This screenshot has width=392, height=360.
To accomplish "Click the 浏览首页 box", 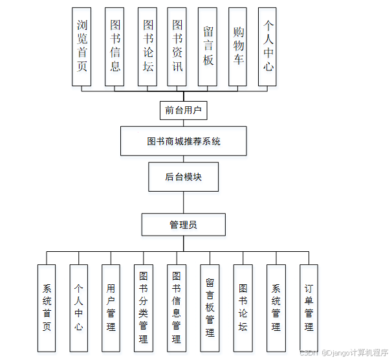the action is [x=82, y=47].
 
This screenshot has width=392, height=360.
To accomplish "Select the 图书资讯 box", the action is [x=177, y=47].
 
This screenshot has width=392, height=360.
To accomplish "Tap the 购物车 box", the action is [x=238, y=47].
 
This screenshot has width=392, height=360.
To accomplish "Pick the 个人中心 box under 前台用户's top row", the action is [x=268, y=47].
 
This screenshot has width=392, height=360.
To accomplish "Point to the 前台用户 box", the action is [x=183, y=110].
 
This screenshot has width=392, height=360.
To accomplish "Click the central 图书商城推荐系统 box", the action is [x=184, y=141].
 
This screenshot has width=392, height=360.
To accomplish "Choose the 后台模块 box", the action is [x=183, y=177].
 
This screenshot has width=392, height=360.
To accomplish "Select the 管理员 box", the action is [x=183, y=225].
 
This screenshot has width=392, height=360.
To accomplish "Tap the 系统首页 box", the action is [x=47, y=308].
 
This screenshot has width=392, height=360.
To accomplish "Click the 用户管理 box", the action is [x=111, y=308].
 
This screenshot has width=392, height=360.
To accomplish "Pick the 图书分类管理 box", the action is [x=143, y=308].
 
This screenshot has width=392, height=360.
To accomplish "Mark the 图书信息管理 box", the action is [x=176, y=308].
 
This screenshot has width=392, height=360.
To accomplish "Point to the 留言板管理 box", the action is [x=210, y=308].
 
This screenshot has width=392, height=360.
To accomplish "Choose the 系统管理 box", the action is [x=276, y=308].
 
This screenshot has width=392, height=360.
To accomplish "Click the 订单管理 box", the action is [x=309, y=308].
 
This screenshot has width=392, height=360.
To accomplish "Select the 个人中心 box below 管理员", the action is [x=78, y=308].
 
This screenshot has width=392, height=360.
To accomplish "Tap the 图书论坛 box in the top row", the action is [x=147, y=47].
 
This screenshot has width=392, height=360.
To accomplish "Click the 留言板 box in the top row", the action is [x=208, y=47].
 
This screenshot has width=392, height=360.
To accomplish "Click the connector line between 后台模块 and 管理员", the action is [x=183, y=203].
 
